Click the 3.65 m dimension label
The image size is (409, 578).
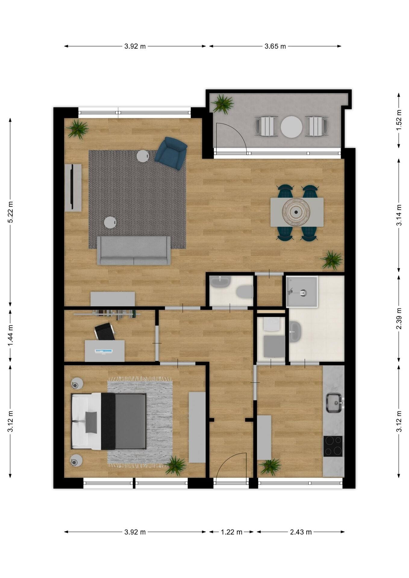275,46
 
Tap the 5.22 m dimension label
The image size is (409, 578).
10,212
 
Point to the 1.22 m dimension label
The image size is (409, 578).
231,532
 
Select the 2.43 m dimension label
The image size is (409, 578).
301,532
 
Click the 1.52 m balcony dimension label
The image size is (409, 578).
399,120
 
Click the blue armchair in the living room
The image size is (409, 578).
171,153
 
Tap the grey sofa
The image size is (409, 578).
134,250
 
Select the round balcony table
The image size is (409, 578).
291,127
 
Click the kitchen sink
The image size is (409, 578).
334,403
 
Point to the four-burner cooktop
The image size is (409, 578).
333,446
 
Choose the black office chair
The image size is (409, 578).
105,331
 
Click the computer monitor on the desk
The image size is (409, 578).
104,351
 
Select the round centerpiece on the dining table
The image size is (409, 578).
296,212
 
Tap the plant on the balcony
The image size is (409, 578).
223,104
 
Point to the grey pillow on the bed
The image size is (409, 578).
91,422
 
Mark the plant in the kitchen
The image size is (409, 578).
270,467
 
